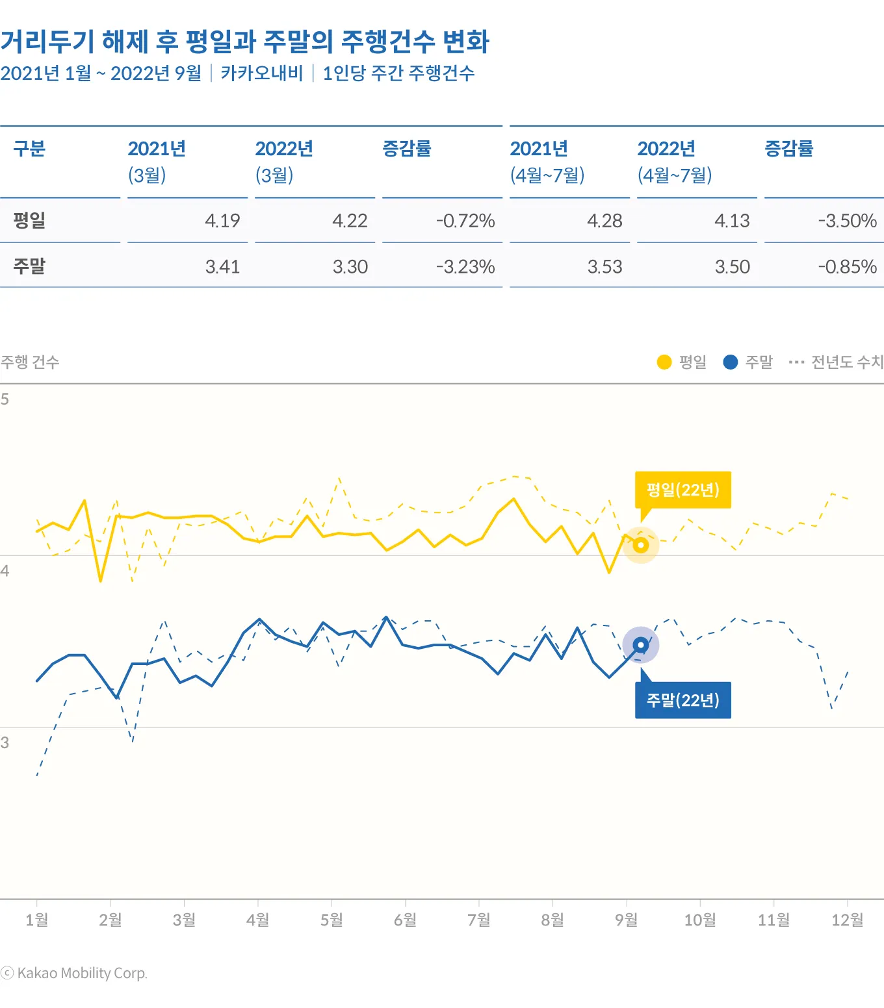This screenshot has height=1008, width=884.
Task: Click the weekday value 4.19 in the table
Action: pos(222,221)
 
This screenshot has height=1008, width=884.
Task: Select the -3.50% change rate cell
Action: pos(847,221)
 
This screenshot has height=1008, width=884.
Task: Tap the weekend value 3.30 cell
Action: pos(350,267)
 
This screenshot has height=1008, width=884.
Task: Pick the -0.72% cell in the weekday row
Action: pos(465,221)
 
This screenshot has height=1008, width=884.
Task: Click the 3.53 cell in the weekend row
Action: pos(604,267)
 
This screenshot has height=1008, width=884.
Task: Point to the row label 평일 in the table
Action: pos(29,220)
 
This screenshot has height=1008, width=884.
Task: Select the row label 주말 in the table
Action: pos(29,266)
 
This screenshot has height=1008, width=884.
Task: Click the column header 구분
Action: pos(29,149)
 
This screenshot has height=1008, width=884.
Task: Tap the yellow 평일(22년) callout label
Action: pos(682,490)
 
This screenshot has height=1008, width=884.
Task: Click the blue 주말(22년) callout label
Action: pos(682,700)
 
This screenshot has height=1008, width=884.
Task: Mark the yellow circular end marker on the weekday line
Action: pos(641,545)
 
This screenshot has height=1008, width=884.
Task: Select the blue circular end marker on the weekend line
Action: pos(641,645)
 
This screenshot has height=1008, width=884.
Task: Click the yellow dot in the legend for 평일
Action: pos(664,362)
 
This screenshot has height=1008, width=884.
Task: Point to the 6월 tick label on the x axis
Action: pos(405,920)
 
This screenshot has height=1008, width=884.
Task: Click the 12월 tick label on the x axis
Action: pos(847,920)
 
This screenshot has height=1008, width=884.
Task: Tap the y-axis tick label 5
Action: pos(5,399)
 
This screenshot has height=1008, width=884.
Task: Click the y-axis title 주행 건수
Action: pos(30,362)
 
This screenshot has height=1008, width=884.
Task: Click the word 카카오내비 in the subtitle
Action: pos(261,73)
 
